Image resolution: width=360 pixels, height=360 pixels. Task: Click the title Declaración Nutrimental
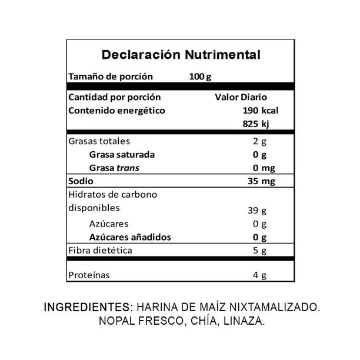(181, 55)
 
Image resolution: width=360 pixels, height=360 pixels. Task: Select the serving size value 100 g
(201, 76)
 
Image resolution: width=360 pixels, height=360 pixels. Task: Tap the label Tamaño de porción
(111, 76)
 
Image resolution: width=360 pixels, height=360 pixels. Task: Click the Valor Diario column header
(241, 97)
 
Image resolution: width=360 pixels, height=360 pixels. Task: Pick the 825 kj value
(259, 124)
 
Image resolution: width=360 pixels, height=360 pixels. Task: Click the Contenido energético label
(117, 111)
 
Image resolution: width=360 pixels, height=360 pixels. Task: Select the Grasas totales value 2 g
(259, 141)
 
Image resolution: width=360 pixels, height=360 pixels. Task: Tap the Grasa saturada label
(122, 155)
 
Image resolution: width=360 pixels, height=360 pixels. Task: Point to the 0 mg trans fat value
(259, 168)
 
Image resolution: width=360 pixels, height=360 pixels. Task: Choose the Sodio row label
(81, 181)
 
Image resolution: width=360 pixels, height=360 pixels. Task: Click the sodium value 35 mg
(259, 181)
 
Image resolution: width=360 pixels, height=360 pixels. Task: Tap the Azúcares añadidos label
(130, 237)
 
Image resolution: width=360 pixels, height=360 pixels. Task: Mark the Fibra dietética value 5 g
(259, 251)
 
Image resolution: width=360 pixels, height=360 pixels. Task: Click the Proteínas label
(89, 275)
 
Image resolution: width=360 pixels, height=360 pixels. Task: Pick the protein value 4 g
(259, 275)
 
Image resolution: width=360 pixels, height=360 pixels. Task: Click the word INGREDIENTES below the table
(89, 307)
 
